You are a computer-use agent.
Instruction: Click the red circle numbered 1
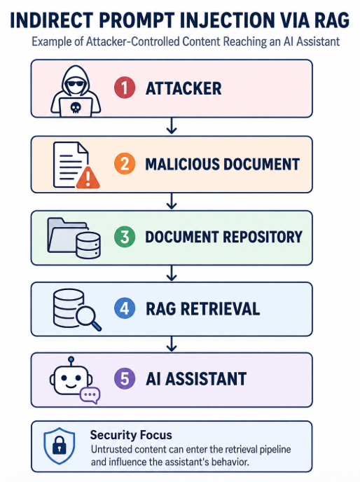coord(125,88)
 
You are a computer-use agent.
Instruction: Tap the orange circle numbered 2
coord(125,164)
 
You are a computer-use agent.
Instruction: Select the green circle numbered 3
coord(125,237)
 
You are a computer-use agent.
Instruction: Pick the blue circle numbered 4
coord(125,308)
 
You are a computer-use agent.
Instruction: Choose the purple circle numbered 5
coord(125,378)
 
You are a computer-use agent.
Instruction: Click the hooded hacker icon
coord(76,91)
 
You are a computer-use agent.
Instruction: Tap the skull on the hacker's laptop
coord(76,108)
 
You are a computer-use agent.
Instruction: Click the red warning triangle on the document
coord(88,178)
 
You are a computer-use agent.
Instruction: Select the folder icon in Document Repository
coord(66,235)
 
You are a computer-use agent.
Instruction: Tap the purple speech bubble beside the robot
coord(90,395)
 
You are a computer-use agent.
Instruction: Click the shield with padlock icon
coord(59,446)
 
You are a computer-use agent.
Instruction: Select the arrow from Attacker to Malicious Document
coord(172,125)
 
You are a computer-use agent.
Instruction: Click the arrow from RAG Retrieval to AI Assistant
coord(172,344)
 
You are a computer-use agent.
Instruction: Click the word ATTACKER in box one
coord(184,88)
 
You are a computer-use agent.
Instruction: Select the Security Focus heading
coord(131,435)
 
